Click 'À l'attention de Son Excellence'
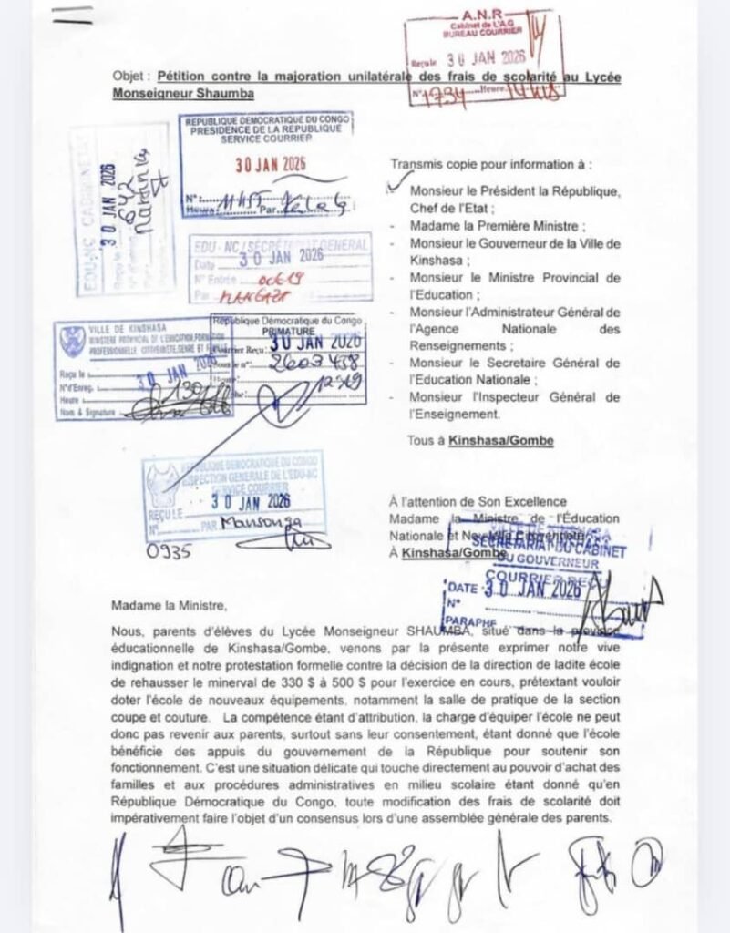[x=478, y=502]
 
